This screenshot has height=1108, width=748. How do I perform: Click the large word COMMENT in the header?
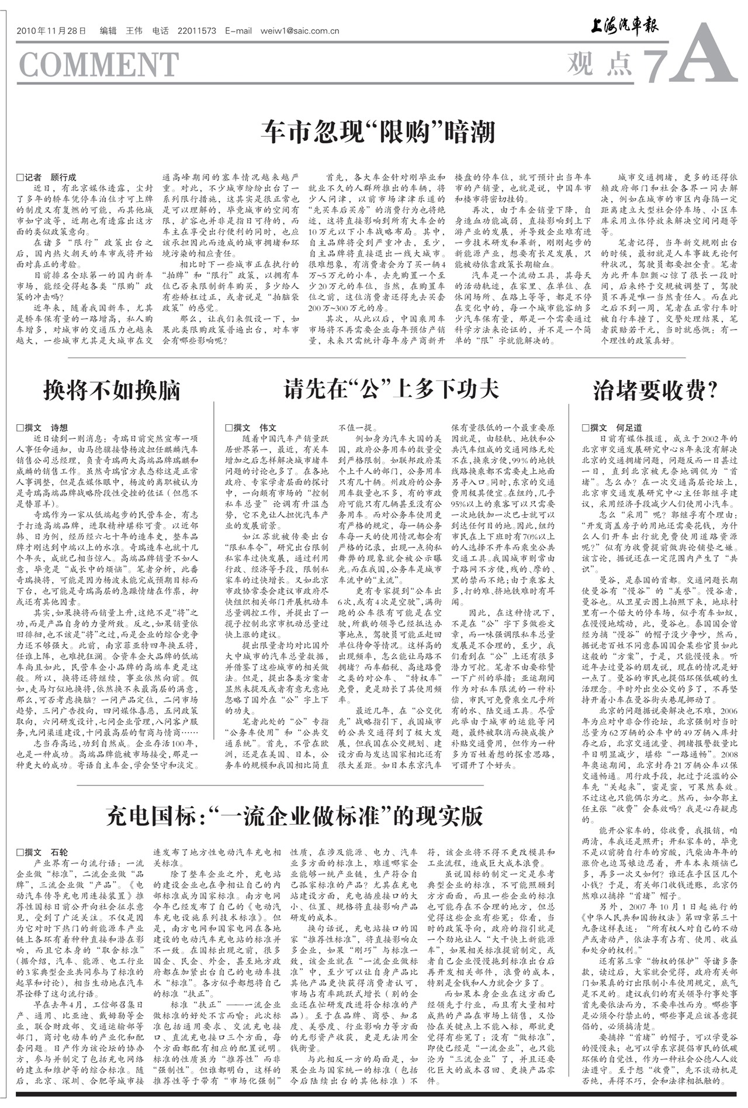coord(98,64)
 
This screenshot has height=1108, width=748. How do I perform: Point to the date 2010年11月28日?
coord(51,31)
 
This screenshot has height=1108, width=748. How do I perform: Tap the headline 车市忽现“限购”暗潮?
coord(378,132)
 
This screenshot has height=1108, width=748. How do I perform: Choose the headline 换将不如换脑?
coord(112,390)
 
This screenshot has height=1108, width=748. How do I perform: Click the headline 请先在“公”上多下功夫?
coord(391,389)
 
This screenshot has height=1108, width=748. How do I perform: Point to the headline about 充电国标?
coord(295,815)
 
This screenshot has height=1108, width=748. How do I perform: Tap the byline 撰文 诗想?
coord(42,428)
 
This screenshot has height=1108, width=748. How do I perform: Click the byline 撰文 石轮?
coord(42,853)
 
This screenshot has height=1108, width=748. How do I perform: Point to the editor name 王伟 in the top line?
coord(134,31)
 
